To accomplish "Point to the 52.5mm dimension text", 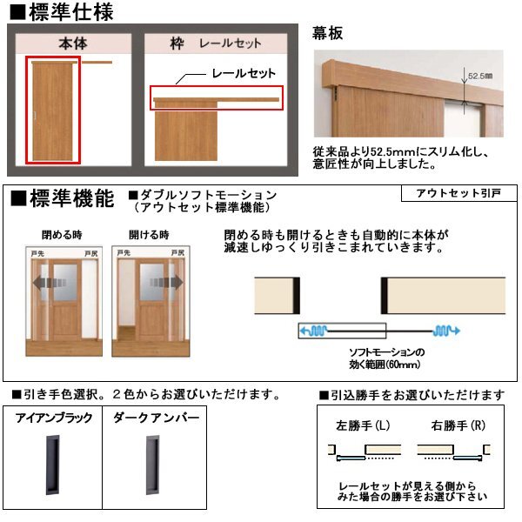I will (481, 76).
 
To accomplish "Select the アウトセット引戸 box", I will (458, 194).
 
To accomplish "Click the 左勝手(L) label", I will (362, 427).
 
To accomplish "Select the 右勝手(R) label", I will (451, 427).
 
